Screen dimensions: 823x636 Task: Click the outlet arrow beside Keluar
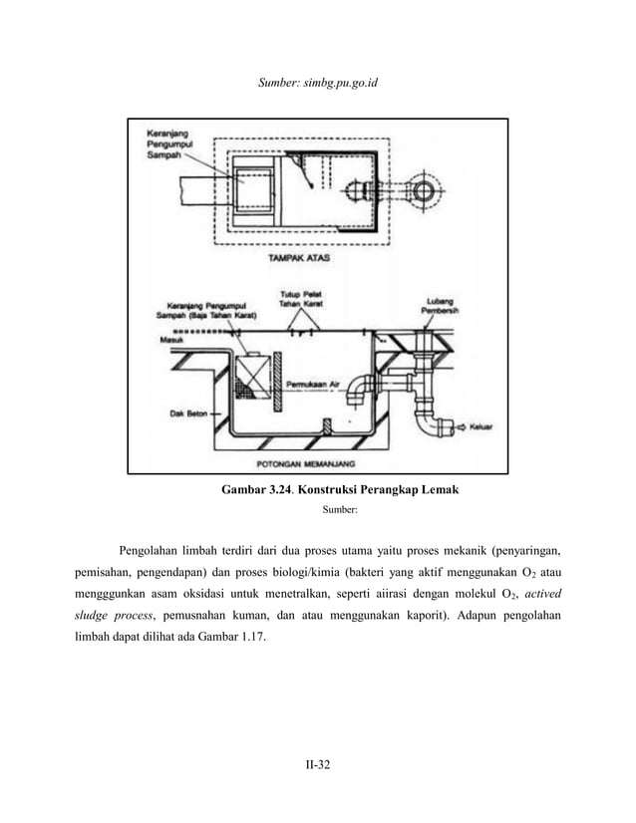pos(460,425)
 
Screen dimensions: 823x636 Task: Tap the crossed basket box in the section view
pos(254,378)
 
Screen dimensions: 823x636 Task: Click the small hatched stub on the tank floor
pos(328,425)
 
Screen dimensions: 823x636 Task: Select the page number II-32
pos(317,764)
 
